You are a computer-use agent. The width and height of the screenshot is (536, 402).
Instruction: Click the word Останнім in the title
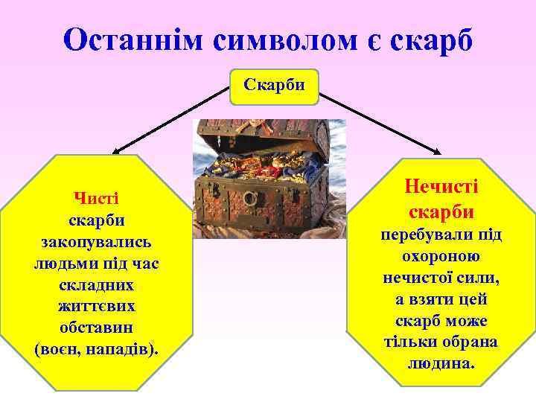click(x=133, y=39)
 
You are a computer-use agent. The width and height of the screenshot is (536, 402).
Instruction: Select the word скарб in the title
click(x=434, y=39)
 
